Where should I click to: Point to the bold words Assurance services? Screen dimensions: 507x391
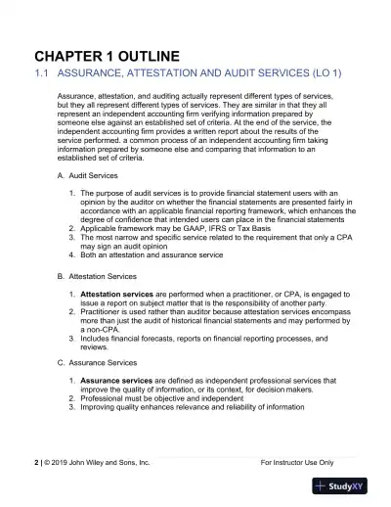tap(115, 379)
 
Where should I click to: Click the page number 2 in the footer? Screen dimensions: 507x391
tap(37, 459)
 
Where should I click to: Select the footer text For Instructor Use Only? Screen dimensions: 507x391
tap(298, 459)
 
